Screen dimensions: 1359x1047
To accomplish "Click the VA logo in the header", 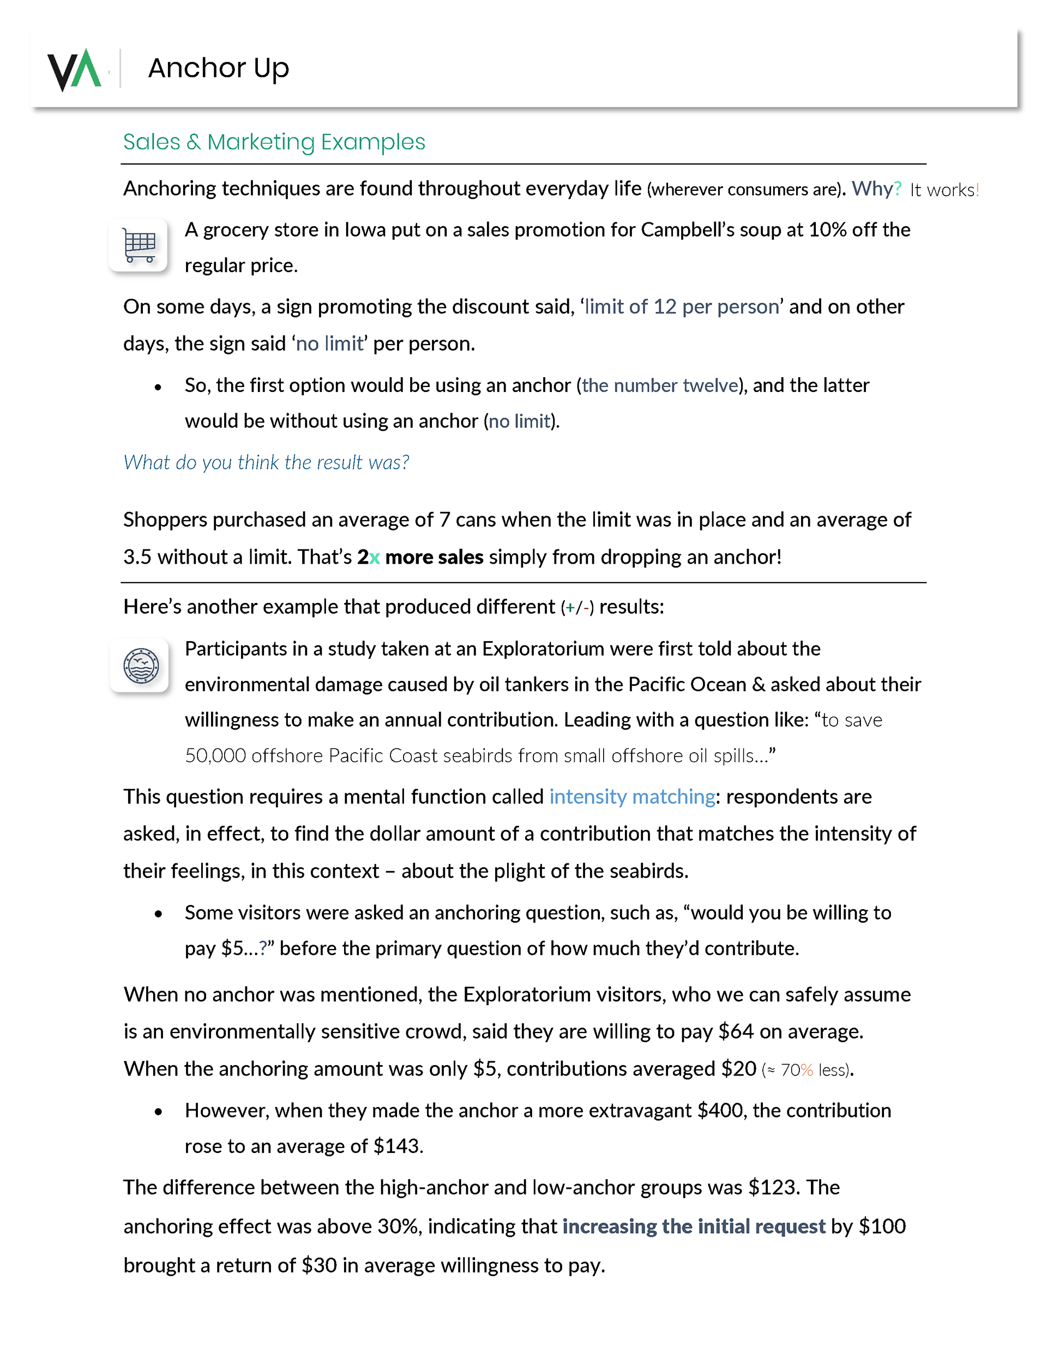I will click(74, 69).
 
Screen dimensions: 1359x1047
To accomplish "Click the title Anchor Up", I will click(219, 68).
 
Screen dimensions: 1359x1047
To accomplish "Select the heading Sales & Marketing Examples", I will click(274, 142).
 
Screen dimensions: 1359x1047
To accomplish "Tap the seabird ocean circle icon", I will click(141, 665).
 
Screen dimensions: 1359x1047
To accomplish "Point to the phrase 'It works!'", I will click(944, 190).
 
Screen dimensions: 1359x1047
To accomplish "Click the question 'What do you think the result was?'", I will click(266, 462).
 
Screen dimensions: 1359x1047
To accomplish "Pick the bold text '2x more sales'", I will click(420, 557).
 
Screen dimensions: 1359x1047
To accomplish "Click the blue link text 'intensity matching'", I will click(632, 796).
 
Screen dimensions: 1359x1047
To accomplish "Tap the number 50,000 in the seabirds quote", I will click(215, 756).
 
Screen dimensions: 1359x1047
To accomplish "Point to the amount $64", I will click(736, 1032).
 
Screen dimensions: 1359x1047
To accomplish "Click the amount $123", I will click(771, 1187).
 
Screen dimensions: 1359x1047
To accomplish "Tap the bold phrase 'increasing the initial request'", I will click(694, 1226).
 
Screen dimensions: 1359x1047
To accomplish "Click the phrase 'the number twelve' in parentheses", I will click(660, 386).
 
